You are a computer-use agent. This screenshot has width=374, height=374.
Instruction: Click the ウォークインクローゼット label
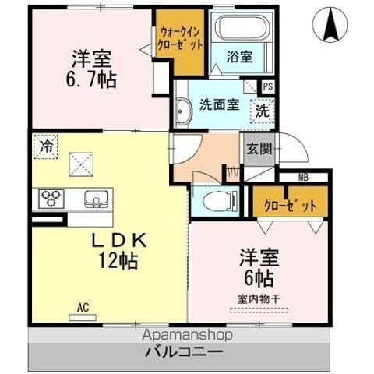(x=182, y=38)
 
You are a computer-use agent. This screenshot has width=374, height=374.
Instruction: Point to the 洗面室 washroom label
(x=217, y=104)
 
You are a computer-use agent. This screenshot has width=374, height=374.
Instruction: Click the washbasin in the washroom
(x=182, y=111)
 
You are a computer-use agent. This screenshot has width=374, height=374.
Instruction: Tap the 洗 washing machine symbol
(x=263, y=111)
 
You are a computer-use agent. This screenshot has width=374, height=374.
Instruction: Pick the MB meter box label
(x=302, y=178)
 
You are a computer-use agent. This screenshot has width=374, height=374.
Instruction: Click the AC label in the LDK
(x=83, y=308)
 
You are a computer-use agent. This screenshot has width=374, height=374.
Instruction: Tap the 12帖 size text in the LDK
(x=116, y=263)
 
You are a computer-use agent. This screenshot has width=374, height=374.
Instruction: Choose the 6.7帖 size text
(x=92, y=79)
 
